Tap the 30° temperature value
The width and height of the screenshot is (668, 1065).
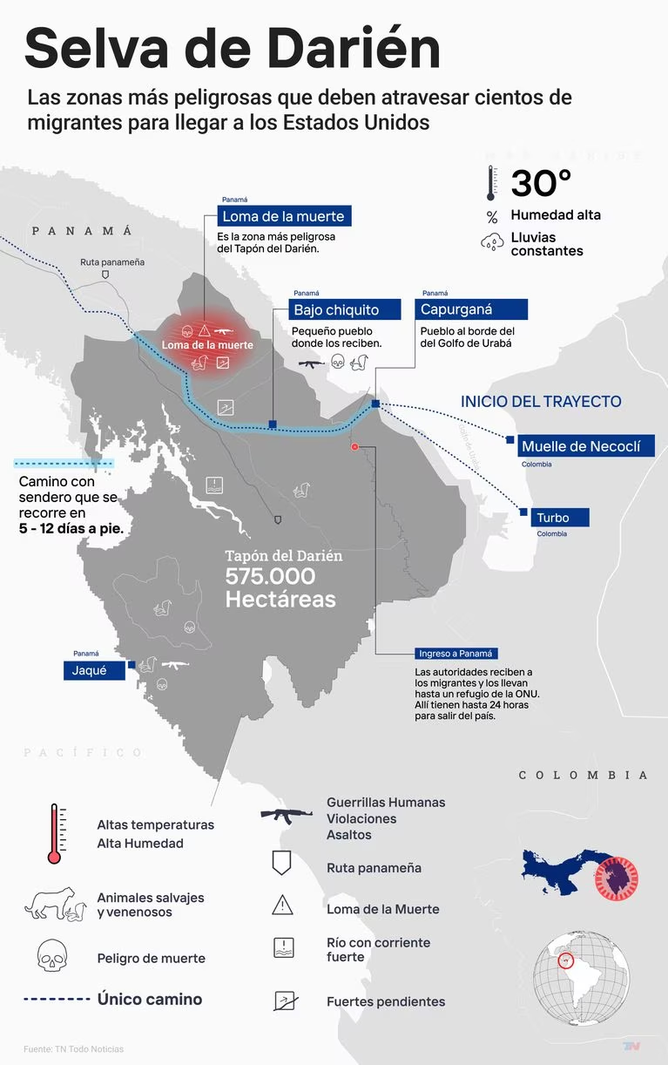coord(541,184)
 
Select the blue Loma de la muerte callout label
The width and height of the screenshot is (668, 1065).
coord(284,216)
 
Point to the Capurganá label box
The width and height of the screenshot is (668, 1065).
coord(472,309)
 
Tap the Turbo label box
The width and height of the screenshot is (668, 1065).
coord(560,518)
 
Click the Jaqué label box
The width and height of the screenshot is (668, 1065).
coord(94,670)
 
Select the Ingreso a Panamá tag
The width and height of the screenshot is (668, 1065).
coord(455,654)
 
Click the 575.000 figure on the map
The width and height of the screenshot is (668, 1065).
coord(270,577)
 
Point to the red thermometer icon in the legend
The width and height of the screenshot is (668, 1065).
coord(55,834)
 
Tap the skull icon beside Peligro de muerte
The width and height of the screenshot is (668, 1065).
coord(52,956)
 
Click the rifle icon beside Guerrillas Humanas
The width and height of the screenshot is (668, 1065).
coord(287,816)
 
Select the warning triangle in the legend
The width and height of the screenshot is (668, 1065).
coord(282,906)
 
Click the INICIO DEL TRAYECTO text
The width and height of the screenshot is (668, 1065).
coord(541,402)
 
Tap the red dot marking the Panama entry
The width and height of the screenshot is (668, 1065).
coord(354,446)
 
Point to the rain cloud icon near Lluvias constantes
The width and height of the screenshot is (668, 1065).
coord(492,242)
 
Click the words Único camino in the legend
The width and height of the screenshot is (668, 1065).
coord(150,1000)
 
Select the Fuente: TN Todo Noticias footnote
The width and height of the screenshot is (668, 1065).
coord(73,1048)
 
